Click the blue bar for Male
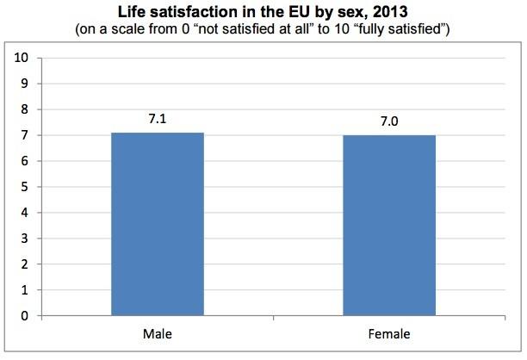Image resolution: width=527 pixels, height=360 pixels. tap(157, 224)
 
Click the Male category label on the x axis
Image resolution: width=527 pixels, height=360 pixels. tap(157, 333)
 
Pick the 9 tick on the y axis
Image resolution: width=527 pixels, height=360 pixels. tap(26, 84)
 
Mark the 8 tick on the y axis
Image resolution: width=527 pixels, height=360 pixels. tap(26, 109)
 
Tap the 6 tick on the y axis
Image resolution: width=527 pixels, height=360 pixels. tap(26, 161)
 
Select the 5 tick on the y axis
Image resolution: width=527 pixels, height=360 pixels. tap(26, 187)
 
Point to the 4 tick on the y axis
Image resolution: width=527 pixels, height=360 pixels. tap(26, 213)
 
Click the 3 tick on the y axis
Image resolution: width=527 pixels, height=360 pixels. tap(26, 239)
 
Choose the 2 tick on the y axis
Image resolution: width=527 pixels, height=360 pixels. tap(26, 264)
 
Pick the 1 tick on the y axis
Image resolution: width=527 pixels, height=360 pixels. tap(26, 290)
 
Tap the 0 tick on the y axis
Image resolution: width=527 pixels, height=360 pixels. tap(26, 316)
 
